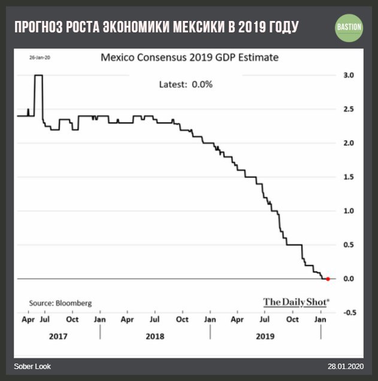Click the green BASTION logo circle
pos(349,28)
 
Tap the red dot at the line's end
pos(328,279)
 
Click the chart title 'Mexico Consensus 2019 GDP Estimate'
pos(189,59)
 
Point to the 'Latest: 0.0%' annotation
pos(186,84)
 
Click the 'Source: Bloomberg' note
pos(61,303)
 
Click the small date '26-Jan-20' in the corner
pos(39,58)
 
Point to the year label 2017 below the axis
pos(58,337)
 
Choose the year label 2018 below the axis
pos(155,337)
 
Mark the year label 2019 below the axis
pos(265,337)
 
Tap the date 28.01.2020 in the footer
pos(345,366)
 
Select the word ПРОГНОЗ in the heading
pos(38,28)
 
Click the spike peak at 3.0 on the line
pos(38,75)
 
